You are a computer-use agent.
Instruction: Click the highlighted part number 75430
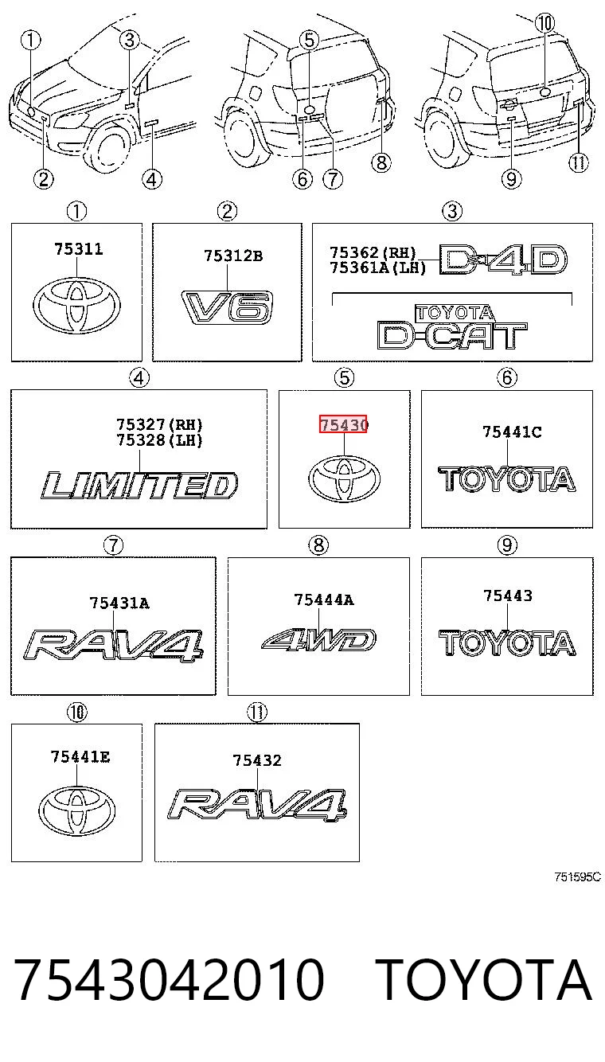tap(343, 424)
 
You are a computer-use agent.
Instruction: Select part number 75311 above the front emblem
tap(78, 249)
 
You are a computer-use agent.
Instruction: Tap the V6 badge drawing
tap(227, 307)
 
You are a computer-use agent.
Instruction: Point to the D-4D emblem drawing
tap(502, 259)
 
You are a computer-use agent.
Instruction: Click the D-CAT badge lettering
tap(452, 334)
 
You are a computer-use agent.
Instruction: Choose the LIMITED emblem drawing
tap(139, 485)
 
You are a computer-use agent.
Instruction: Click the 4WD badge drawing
tap(318, 639)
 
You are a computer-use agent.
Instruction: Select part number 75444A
tap(324, 599)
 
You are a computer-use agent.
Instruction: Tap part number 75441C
tap(512, 431)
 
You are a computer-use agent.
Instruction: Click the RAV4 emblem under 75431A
tap(113, 645)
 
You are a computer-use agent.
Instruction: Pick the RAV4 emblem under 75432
tap(256, 804)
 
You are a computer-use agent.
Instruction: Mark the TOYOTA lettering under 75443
tap(507, 643)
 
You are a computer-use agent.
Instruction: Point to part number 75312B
tap(232, 256)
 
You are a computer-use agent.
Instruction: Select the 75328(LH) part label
tap(159, 440)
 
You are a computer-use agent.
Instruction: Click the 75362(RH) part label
tap(373, 252)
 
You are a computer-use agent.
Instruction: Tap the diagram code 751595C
tap(577, 877)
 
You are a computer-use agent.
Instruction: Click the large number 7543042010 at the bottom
tap(169, 978)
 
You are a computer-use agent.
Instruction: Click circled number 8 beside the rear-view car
tap(381, 162)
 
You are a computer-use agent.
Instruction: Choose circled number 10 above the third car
tap(544, 23)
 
